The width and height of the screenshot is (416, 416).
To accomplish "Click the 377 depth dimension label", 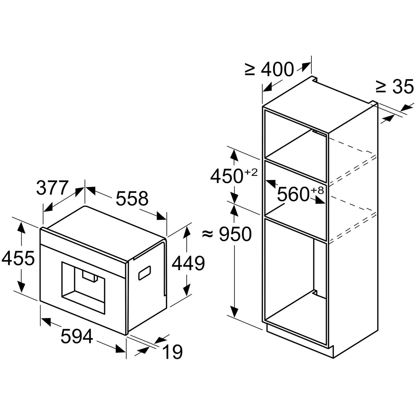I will tap(52, 188).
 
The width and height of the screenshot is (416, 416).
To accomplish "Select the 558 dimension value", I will tap(132, 199).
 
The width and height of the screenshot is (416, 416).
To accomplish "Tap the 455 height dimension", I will tap(18, 258).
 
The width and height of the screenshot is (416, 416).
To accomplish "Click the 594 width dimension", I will tap(77, 336).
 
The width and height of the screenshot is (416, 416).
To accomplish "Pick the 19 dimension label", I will tap(172, 352).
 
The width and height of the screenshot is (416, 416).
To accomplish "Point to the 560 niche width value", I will tap(293, 194).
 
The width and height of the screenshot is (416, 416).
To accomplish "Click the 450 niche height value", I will tap(227, 176).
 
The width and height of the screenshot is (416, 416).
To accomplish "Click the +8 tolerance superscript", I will tap(317, 190).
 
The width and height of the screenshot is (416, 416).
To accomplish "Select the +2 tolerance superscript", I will tap(251, 173).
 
